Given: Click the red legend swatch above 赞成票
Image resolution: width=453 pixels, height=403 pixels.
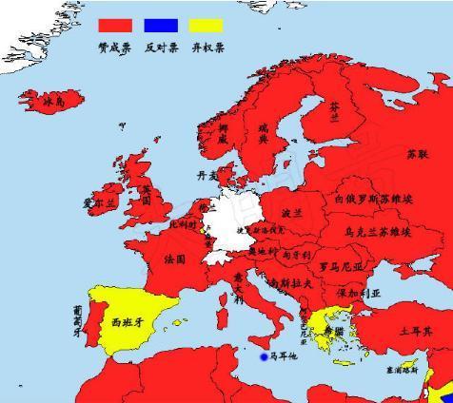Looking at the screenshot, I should pyautogui.click(x=114, y=26).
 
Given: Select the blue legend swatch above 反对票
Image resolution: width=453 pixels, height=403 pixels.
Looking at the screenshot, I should pyautogui.click(x=161, y=26).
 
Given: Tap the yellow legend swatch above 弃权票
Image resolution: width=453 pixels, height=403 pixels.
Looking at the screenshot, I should pyautogui.click(x=207, y=26).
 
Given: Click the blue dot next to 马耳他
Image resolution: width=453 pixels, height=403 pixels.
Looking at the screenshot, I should pyautogui.click(x=264, y=357).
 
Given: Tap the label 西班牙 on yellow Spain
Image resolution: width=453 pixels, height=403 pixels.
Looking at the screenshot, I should pyautogui.click(x=127, y=322).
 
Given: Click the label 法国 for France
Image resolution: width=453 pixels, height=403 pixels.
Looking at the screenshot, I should pyautogui.click(x=175, y=259).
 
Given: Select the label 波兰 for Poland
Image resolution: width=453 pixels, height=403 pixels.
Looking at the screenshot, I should pyautogui.click(x=292, y=213).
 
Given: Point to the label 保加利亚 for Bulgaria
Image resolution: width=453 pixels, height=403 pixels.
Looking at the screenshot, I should pyautogui.click(x=357, y=294).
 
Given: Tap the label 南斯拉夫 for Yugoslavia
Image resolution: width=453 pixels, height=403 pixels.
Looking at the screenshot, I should pyautogui.click(x=290, y=282).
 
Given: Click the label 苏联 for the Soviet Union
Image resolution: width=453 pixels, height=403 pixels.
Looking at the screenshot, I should pyautogui.click(x=417, y=153).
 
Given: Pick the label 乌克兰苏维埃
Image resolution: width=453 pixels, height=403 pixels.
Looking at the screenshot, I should pyautogui.click(x=378, y=231).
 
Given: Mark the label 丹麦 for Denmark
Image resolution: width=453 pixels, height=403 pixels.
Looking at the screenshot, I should pyautogui.click(x=207, y=175).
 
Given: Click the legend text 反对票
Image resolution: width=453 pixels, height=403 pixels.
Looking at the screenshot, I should pyautogui.click(x=161, y=46).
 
